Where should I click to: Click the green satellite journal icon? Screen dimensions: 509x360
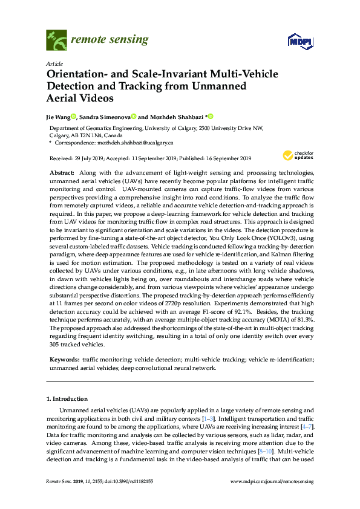[x=56, y=41]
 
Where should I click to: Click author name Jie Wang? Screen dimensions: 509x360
[x=59, y=117]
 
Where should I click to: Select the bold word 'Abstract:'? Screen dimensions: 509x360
[x=62, y=173]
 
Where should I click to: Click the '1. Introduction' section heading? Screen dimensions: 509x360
[x=67, y=399]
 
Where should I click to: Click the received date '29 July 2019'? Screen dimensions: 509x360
[x=88, y=158]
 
